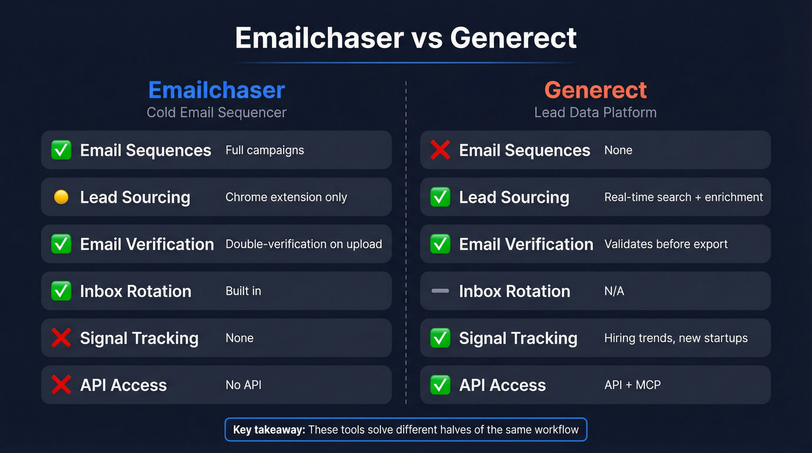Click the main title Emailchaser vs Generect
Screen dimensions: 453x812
coord(405,38)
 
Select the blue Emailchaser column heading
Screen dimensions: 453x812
coord(216,90)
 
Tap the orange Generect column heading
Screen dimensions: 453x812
coord(595,90)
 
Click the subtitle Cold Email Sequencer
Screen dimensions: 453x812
coord(216,112)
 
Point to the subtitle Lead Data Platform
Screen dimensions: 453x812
coord(595,112)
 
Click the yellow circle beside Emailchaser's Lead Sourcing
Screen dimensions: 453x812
coord(61,197)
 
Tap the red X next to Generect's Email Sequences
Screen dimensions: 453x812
coord(440,150)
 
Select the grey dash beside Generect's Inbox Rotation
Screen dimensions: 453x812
coord(440,291)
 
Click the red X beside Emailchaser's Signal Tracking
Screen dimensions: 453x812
coord(61,338)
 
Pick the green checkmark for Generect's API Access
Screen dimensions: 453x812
coord(440,385)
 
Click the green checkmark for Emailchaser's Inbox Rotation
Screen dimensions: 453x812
coord(61,291)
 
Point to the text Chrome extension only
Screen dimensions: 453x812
coord(286,197)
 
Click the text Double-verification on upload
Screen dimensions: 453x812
coord(303,244)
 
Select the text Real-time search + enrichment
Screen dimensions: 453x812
coord(683,197)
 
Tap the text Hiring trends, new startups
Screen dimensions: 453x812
coord(676,338)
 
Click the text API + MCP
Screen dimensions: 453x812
coord(632,385)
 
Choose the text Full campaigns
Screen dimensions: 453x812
coord(264,150)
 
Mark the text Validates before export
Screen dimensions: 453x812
coord(665,244)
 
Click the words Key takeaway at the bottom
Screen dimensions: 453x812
coord(269,430)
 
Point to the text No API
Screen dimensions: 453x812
coord(243,385)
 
